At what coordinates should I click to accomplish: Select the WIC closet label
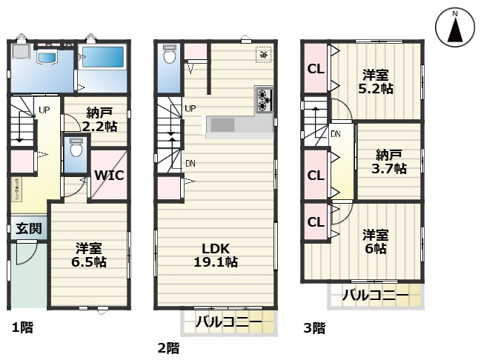tap(108, 176)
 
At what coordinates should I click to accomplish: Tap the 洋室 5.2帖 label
tap(376, 81)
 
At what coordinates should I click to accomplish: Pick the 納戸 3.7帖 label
tap(390, 161)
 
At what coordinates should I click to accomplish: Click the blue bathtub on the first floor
tap(104, 58)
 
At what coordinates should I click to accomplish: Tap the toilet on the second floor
tap(169, 56)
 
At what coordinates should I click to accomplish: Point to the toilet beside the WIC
tap(73, 151)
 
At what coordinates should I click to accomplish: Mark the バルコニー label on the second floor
tap(228, 322)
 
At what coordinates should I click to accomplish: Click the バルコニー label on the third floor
tap(375, 296)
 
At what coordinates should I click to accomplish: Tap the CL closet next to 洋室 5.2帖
tap(315, 69)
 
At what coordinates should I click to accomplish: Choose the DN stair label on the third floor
tap(336, 134)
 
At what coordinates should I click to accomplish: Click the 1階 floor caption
tap(21, 326)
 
